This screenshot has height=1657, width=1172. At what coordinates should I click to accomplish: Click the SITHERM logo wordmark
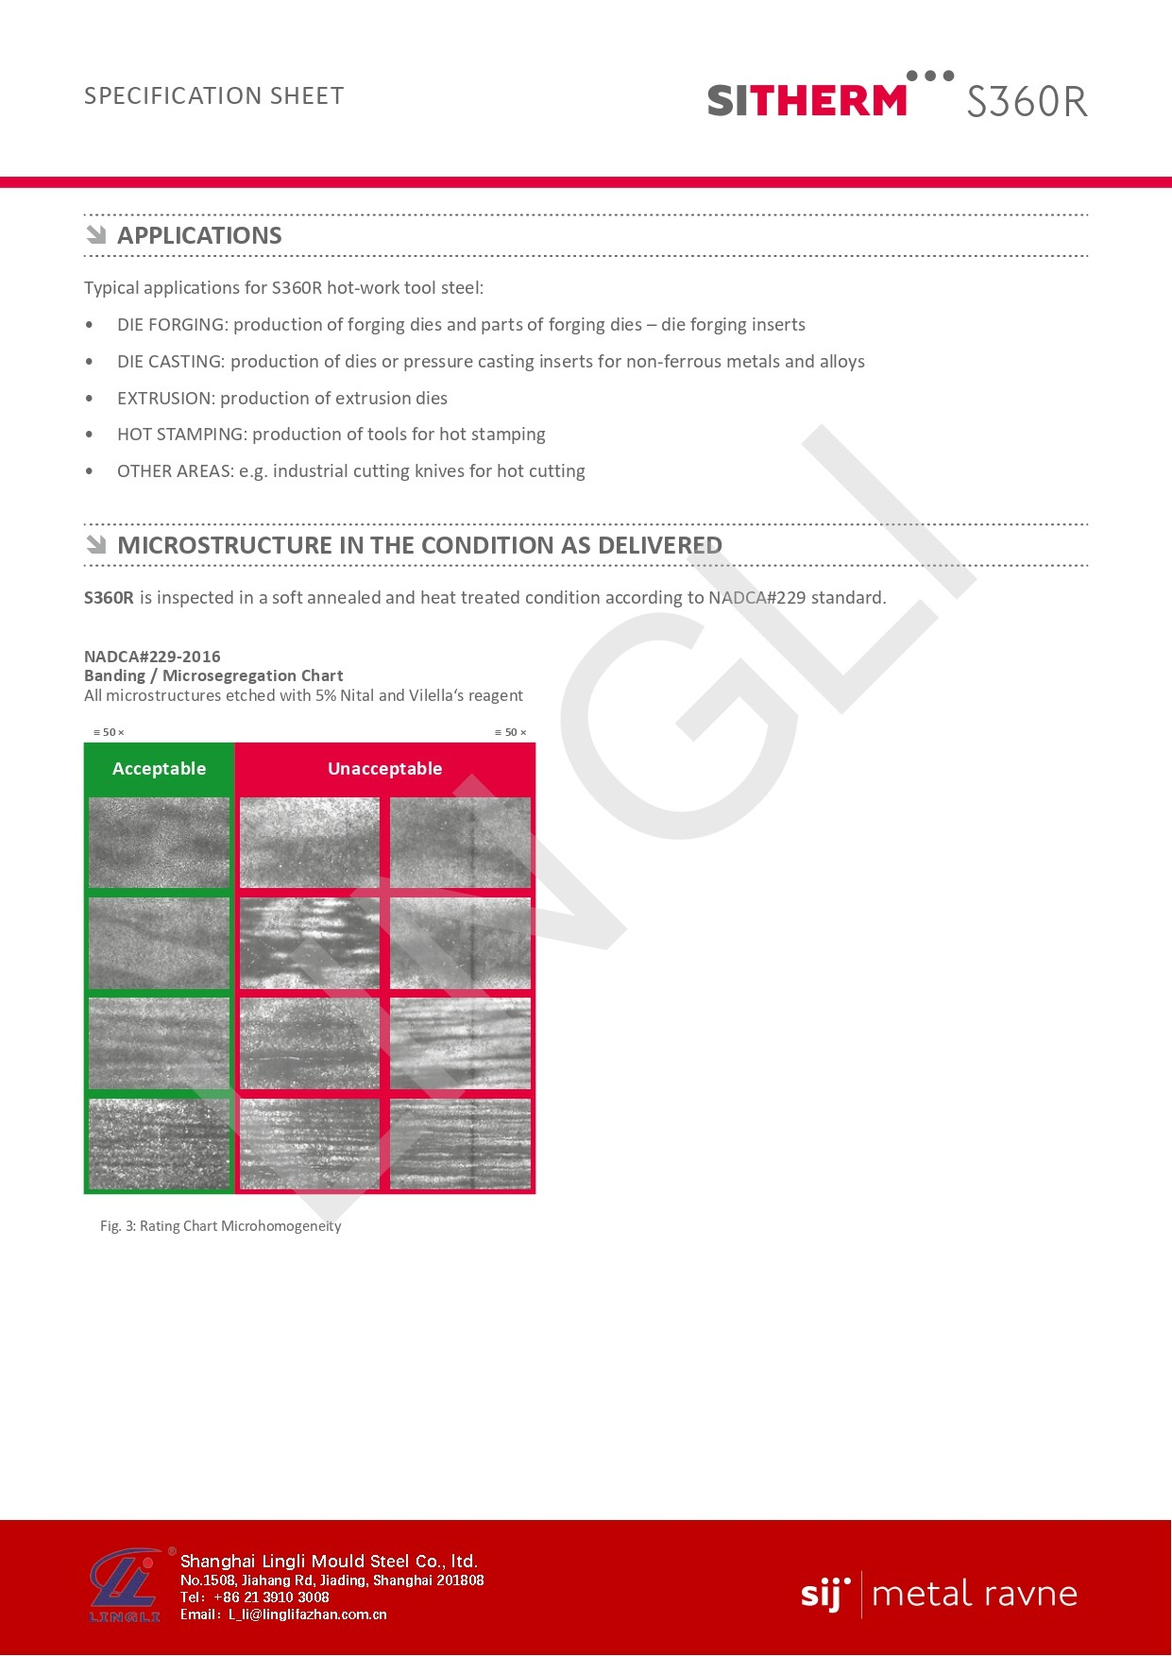coord(807,100)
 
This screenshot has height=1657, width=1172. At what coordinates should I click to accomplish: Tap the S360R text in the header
coord(1027,101)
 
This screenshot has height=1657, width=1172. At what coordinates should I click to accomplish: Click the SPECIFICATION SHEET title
coord(214,96)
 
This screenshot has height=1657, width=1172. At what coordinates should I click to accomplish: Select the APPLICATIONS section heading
coord(199,235)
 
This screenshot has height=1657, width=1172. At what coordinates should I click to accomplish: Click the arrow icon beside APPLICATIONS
coord(96,234)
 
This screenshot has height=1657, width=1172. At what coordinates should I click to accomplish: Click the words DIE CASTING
coord(170,362)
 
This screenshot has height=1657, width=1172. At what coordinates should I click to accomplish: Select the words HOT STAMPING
coord(180,435)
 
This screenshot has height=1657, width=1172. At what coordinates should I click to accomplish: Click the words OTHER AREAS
coord(175,471)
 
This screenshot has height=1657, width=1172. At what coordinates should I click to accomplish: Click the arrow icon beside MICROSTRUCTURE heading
coord(96,544)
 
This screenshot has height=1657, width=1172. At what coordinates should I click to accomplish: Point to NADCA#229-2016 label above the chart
coord(152,657)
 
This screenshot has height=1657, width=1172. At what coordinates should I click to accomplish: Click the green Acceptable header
coord(159,769)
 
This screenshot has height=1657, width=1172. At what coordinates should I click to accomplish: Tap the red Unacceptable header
coord(384,769)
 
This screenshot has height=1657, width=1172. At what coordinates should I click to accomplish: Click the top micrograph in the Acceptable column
coord(159,843)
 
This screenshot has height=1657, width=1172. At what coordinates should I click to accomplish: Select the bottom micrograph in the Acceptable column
coord(159,1143)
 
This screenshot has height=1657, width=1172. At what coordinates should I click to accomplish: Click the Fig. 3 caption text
coord(220,1226)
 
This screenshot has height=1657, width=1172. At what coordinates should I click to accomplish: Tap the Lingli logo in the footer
coord(126,1587)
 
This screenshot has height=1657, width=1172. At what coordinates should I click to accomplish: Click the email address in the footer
coord(307,1614)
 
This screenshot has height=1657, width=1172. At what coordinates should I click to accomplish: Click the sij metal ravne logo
coord(939,1594)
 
